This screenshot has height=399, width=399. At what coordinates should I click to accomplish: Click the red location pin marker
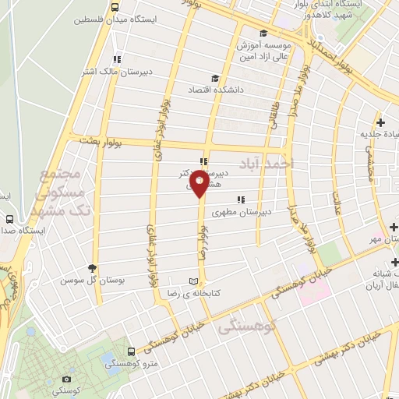pyautogui.click(x=200, y=185)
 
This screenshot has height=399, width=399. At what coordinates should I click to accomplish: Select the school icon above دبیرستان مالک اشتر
pyautogui.click(x=117, y=59)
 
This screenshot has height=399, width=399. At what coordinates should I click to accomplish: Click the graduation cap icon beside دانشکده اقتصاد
pyautogui.click(x=216, y=77)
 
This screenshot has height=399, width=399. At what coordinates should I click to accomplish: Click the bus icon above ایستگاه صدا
pyautogui.click(x=9, y=221)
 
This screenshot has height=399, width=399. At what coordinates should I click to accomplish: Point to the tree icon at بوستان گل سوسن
pyautogui.click(x=93, y=267)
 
